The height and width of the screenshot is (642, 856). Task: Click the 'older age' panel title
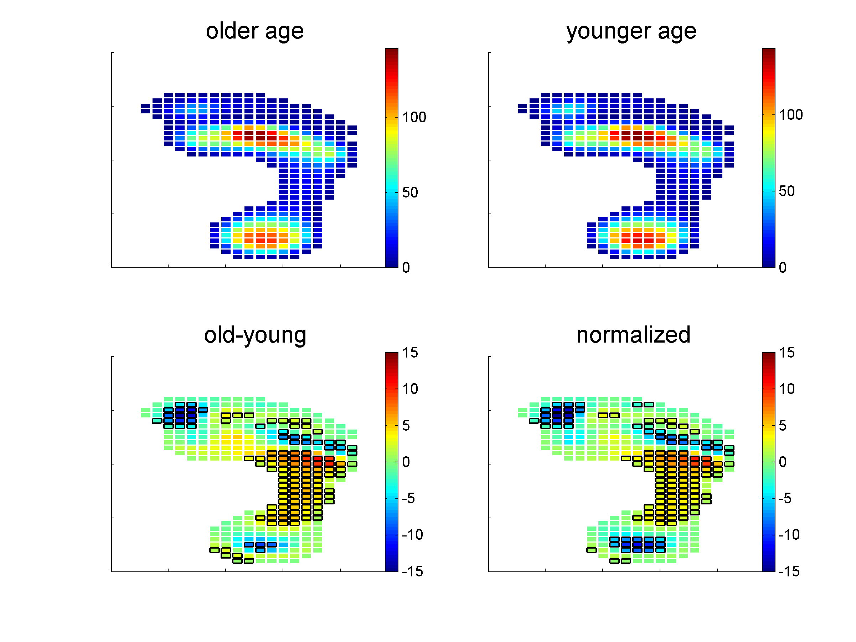[255, 31]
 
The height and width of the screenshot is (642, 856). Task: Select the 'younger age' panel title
[631, 31]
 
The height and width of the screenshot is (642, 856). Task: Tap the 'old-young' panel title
[255, 335]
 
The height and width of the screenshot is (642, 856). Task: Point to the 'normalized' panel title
[633, 335]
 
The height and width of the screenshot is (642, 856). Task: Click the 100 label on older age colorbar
[414, 117]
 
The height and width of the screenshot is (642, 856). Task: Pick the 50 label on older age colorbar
[410, 192]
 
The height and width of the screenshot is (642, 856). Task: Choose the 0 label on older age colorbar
[406, 267]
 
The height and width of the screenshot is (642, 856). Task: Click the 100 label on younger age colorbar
[790, 115]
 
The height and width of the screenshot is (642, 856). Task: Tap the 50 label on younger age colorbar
[787, 191]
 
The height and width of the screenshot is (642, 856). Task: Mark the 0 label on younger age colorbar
[783, 267]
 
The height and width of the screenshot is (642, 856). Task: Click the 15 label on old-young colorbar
[410, 353]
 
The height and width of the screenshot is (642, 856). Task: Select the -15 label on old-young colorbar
[412, 571]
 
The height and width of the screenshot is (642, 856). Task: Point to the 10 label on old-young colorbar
[410, 389]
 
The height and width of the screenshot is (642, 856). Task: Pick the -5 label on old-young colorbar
[408, 498]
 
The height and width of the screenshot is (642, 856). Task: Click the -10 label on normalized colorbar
[789, 535]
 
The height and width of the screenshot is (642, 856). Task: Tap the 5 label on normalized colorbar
[783, 426]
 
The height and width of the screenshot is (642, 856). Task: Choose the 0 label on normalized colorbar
[783, 462]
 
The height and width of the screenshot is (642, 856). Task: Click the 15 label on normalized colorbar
[787, 353]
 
